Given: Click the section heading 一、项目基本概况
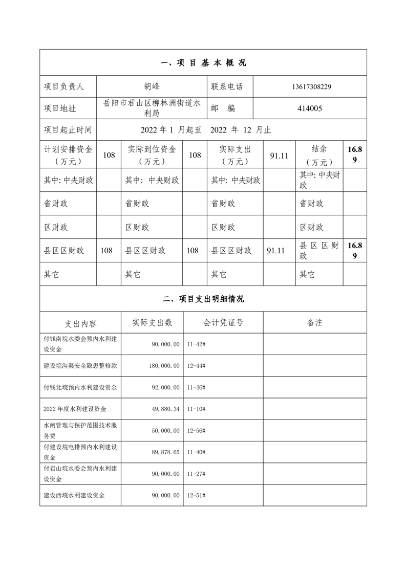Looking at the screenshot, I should tap(203, 63).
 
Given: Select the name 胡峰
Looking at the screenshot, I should tap(152, 87).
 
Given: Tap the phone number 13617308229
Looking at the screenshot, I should tap(310, 87).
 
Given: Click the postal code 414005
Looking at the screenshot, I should tap(310, 108).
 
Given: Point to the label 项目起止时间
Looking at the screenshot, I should tap(68, 130).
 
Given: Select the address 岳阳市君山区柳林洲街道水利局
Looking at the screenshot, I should tap(152, 108).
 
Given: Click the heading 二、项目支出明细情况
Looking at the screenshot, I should tap(203, 299).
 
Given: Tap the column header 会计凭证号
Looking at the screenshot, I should tap(223, 323).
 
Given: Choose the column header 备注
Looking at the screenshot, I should tap(314, 323).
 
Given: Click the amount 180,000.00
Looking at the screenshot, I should tap(162, 366).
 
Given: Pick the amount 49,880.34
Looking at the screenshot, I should tap(163, 409).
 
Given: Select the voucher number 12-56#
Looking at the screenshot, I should tap(197, 431).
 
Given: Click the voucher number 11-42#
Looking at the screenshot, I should tap(197, 344).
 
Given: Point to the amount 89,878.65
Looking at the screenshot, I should tap(163, 453).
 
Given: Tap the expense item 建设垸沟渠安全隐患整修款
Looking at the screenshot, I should tap(80, 366).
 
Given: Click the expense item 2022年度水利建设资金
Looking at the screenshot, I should tap(75, 409).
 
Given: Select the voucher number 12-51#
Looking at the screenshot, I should tap(197, 496).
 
